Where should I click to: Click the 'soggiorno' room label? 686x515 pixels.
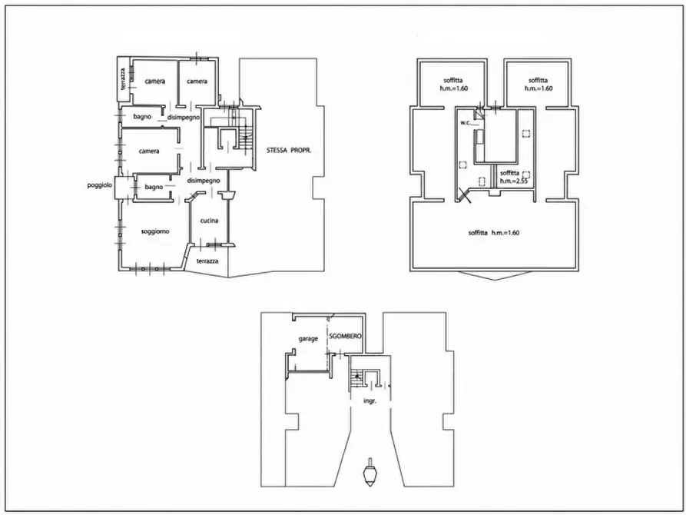click(x=155, y=231)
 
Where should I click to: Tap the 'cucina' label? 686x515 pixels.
click(x=209, y=221)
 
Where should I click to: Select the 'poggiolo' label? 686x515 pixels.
click(x=100, y=185)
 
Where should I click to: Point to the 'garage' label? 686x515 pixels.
click(x=308, y=339)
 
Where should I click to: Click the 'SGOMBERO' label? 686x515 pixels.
click(x=345, y=336)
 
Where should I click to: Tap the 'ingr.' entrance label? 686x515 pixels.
click(x=370, y=401)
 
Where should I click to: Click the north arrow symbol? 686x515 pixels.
click(x=370, y=473)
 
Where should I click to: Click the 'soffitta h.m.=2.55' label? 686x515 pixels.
click(x=515, y=177)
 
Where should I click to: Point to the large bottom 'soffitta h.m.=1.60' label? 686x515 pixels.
click(x=493, y=233)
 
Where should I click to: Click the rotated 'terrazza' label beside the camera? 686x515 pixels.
click(x=124, y=79)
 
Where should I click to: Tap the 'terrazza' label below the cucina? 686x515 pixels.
click(x=207, y=261)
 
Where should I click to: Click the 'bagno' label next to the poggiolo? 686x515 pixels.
click(x=154, y=188)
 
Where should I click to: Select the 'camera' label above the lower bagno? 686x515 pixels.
click(x=149, y=151)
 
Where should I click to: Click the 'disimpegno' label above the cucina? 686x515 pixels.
click(x=204, y=181)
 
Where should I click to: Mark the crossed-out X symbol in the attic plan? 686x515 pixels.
click(x=463, y=195)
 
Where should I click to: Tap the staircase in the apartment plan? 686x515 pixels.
click(x=245, y=137)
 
